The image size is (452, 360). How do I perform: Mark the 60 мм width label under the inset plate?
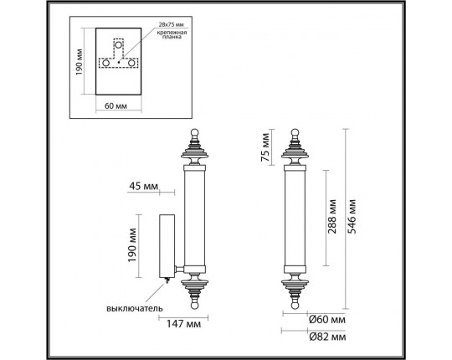116,105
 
